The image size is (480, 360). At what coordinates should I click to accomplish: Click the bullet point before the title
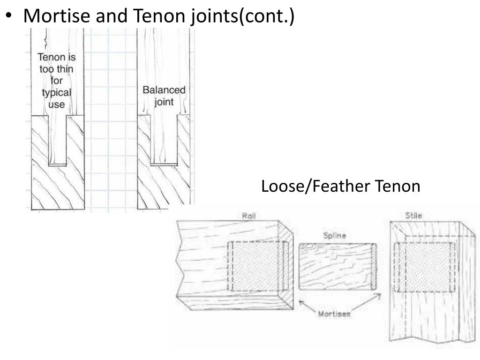pyautogui.click(x=9, y=16)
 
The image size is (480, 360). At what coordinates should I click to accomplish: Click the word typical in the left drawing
pyautogui.click(x=56, y=92)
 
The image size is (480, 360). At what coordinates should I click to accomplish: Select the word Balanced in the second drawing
pyautogui.click(x=164, y=90)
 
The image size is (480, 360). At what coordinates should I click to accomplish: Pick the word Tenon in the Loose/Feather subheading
pyautogui.click(x=397, y=187)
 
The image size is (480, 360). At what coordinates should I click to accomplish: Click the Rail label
pyautogui.click(x=248, y=216)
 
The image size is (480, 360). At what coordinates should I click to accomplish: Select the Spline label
pyautogui.click(x=335, y=236)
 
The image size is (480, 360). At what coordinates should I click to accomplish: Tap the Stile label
pyautogui.click(x=413, y=216)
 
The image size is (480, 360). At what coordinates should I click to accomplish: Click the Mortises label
pyautogui.click(x=334, y=315)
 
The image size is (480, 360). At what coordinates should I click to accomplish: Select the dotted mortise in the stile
pyautogui.click(x=425, y=266)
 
